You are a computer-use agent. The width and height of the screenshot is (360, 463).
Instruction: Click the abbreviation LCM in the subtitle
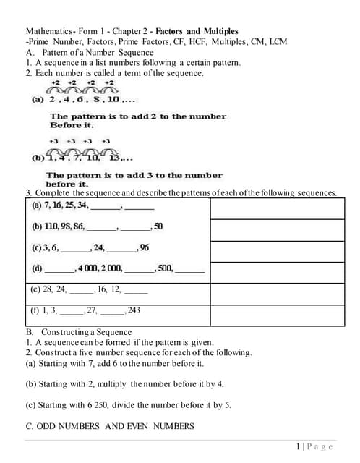[278, 42]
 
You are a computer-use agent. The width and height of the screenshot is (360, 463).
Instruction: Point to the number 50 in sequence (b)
[158, 226]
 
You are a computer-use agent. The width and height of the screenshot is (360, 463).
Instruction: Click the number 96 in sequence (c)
[145, 247]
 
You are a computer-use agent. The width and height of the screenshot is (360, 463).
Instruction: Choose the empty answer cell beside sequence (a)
[277, 208]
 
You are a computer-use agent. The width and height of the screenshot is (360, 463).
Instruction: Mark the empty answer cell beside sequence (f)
[277, 315]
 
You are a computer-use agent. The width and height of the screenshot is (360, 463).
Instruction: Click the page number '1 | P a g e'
[314, 446]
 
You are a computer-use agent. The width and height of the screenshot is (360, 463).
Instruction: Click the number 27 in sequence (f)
[93, 310]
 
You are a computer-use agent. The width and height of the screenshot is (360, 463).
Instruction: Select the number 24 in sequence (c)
[98, 247]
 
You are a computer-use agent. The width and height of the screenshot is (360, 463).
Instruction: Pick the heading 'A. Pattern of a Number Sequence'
[89, 53]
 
